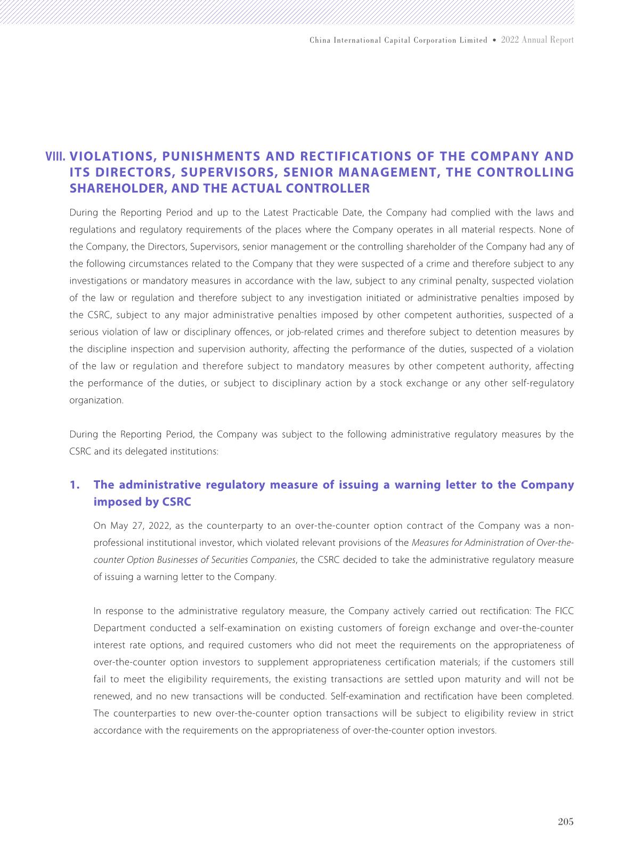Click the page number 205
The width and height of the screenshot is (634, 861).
(x=565, y=822)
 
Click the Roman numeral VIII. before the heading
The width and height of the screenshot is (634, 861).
(x=56, y=157)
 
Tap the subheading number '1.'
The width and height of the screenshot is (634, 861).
(x=75, y=485)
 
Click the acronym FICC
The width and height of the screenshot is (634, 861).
(x=564, y=611)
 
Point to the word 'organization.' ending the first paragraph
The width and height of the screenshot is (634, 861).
(x=96, y=400)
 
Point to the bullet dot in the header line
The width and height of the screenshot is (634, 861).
(x=494, y=41)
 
